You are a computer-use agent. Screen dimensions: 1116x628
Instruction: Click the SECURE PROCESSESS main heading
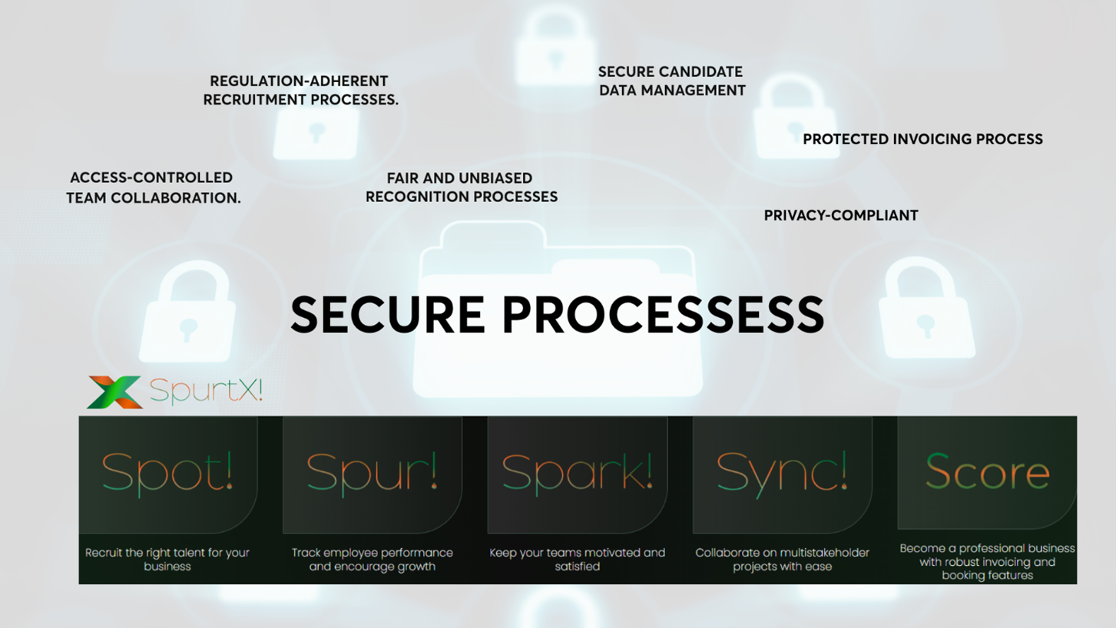pyautogui.click(x=557, y=315)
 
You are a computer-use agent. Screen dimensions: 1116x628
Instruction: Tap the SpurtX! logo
pyautogui.click(x=175, y=392)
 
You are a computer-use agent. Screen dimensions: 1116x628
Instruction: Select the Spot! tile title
pyautogui.click(x=167, y=471)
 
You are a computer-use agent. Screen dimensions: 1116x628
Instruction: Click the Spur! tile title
pyautogui.click(x=372, y=471)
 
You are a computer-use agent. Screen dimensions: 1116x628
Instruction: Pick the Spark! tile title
pyautogui.click(x=577, y=471)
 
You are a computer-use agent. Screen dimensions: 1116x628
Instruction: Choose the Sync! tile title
pyautogui.click(x=782, y=471)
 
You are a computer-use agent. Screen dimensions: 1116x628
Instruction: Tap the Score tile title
pyautogui.click(x=987, y=471)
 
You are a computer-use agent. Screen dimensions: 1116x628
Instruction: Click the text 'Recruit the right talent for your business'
pyautogui.click(x=167, y=559)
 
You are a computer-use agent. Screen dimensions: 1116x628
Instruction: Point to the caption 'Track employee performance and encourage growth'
pyautogui.click(x=372, y=559)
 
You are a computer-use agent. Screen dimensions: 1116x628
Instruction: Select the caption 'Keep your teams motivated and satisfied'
pyautogui.click(x=577, y=559)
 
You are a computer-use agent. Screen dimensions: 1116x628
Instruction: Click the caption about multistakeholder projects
pyautogui.click(x=782, y=559)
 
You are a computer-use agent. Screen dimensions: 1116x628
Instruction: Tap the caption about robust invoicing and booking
pyautogui.click(x=987, y=561)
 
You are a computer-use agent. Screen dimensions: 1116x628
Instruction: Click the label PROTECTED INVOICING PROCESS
pyautogui.click(x=922, y=139)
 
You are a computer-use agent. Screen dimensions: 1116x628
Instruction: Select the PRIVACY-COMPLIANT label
pyautogui.click(x=840, y=216)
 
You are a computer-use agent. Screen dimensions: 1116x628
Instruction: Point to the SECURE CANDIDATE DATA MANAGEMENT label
pyautogui.click(x=671, y=81)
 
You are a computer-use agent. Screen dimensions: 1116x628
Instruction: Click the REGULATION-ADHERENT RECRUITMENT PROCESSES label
pyautogui.click(x=300, y=90)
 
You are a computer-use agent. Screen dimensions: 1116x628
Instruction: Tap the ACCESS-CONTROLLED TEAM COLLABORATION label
pyautogui.click(x=153, y=187)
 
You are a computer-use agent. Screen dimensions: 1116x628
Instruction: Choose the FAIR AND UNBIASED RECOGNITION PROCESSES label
pyautogui.click(x=461, y=187)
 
